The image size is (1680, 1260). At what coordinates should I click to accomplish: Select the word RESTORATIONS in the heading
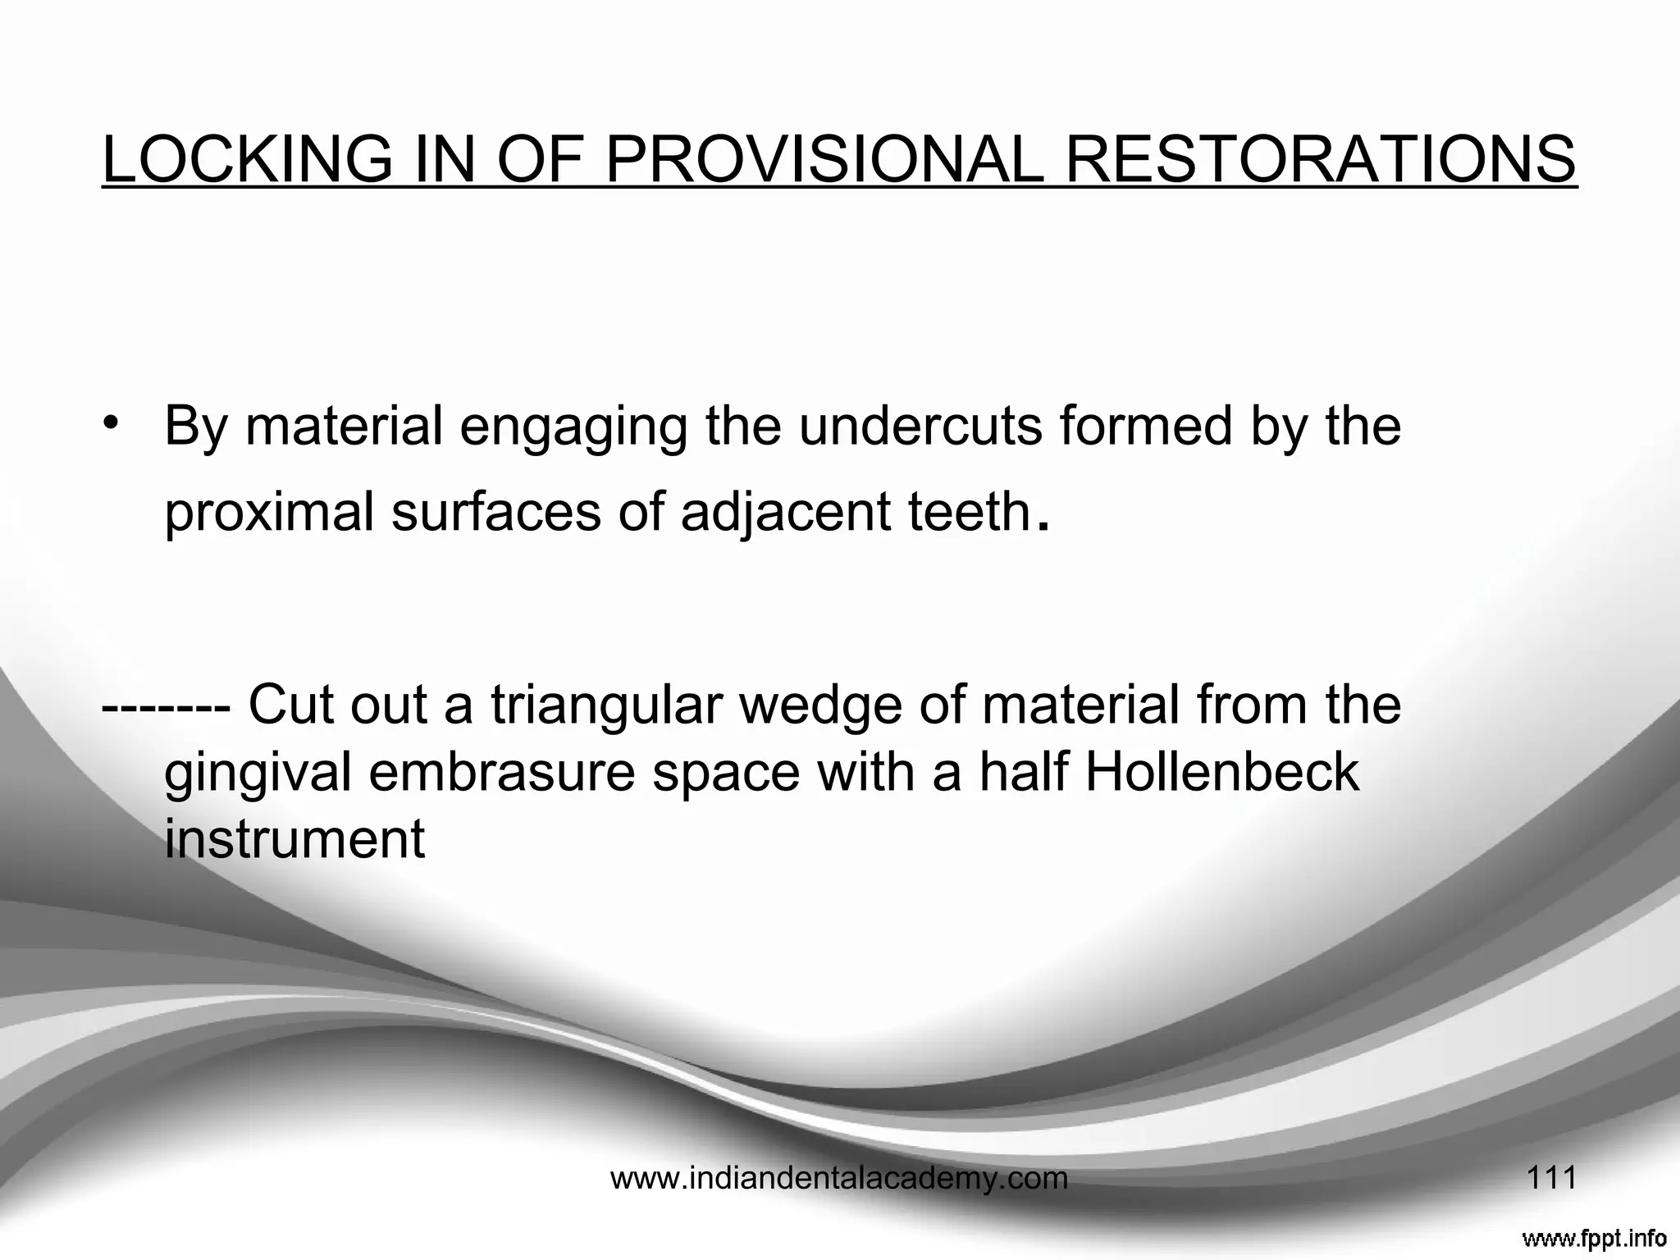pyautogui.click(x=1321, y=159)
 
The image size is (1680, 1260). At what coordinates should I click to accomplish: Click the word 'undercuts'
pyautogui.click(x=922, y=427)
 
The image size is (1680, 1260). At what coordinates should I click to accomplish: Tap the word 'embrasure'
pyautogui.click(x=503, y=773)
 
